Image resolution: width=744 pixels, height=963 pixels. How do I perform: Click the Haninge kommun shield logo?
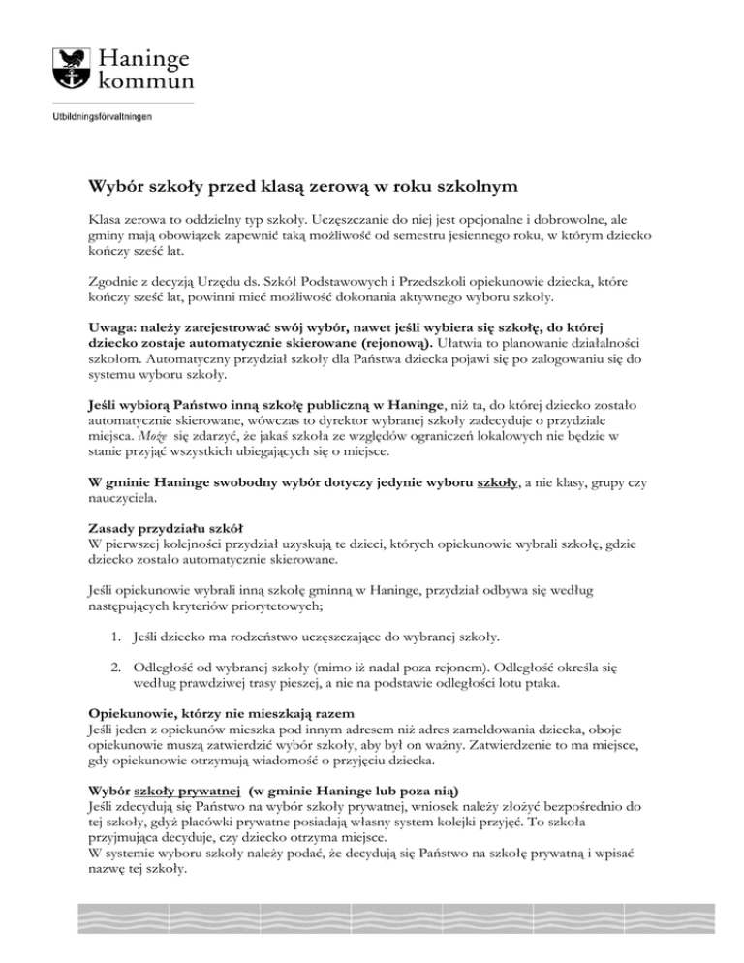pos(67,65)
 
